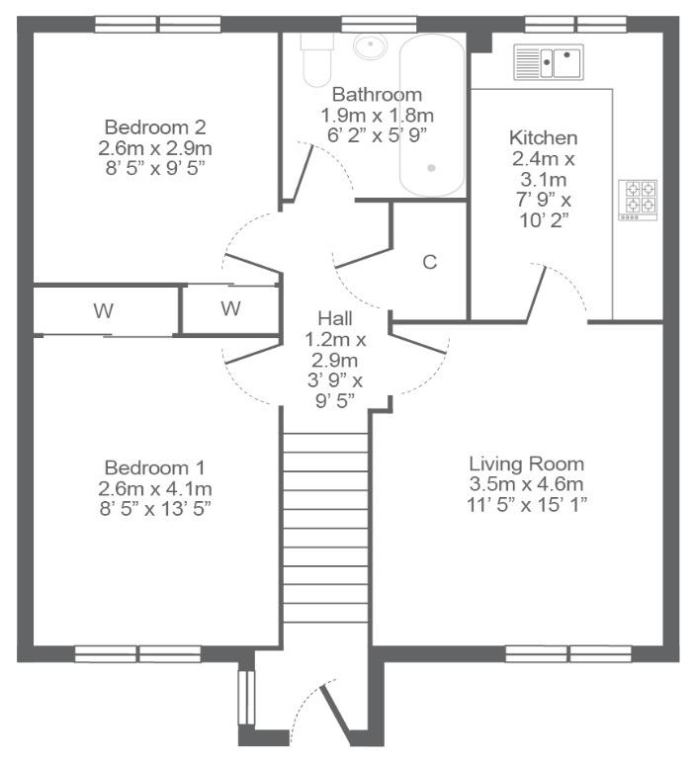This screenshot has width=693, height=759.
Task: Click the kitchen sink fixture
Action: click(x=549, y=62)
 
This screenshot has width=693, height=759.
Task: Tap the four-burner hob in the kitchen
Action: click(x=638, y=201)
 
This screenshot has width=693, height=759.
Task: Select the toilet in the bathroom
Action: click(x=317, y=59)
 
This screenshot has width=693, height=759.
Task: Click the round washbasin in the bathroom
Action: click(x=371, y=46)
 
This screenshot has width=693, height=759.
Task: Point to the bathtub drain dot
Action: click(x=431, y=168)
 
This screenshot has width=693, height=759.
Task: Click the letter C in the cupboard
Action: click(x=430, y=262)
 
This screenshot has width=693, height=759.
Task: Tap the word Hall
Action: click(x=334, y=318)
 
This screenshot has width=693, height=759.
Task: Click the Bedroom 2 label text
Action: click(x=155, y=127)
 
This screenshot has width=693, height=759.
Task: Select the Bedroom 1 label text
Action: click(x=154, y=467)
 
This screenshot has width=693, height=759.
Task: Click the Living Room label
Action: click(x=526, y=464)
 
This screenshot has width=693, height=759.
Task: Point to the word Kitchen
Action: click(x=544, y=138)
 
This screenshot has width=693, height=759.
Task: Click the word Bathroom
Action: click(x=378, y=95)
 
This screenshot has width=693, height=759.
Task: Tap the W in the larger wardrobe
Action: click(x=103, y=310)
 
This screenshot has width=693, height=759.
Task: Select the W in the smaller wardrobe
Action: click(x=230, y=308)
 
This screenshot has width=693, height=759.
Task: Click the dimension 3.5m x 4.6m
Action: click(x=526, y=484)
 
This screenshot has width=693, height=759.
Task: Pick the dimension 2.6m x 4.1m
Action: click(x=155, y=488)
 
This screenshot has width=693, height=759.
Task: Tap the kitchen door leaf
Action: click(x=536, y=294)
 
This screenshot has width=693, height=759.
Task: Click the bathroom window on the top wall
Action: click(x=379, y=24)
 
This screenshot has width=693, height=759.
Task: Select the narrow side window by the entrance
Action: click(x=246, y=698)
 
